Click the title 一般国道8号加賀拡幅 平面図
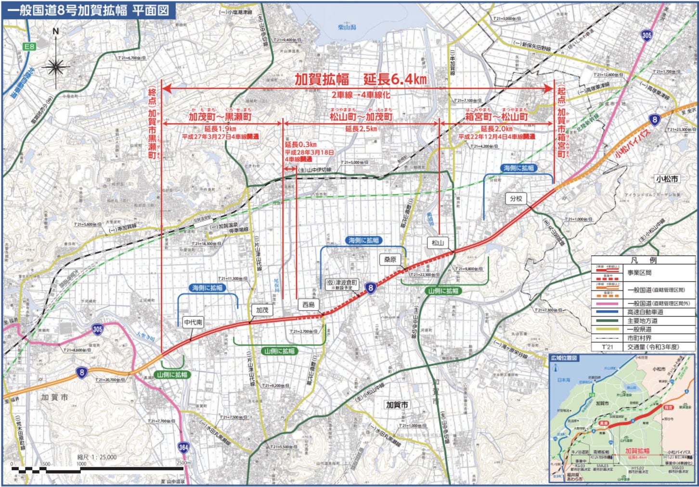[x=88, y=10]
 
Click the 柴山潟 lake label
[x=347, y=28]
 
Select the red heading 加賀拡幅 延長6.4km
[x=360, y=79]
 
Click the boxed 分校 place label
[x=516, y=199]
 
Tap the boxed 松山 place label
[x=437, y=243]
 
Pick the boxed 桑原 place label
[x=390, y=260]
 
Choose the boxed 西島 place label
[x=308, y=305]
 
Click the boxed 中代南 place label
[x=193, y=322]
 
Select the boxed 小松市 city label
[x=667, y=179]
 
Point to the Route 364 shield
[x=183, y=448]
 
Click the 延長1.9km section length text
[x=220, y=129]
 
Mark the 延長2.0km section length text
[x=496, y=129]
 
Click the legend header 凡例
[x=643, y=260]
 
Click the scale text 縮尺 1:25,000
[x=97, y=457]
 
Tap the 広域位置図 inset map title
[x=564, y=358]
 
